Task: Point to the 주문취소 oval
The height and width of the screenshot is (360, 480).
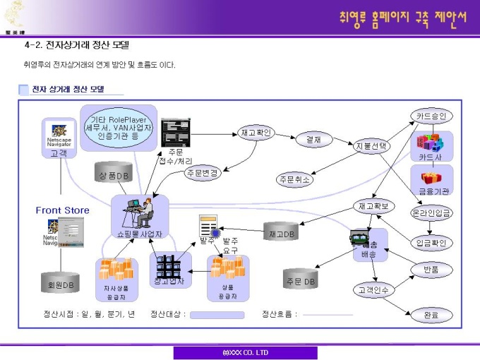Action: pyautogui.click(x=295, y=179)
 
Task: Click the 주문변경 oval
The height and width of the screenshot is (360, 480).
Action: pyautogui.click(x=202, y=172)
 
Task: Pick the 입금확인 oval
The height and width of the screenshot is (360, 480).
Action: pyautogui.click(x=431, y=243)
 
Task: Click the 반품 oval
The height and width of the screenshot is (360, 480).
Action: pyautogui.click(x=431, y=269)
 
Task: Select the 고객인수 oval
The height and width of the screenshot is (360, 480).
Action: pyautogui.click(x=374, y=289)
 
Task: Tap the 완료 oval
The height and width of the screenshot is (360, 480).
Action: pyautogui.click(x=431, y=315)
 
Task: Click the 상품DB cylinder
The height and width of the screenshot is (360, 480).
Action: pyautogui.click(x=113, y=174)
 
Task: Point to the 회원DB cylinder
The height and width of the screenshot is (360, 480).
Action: pyautogui.click(x=59, y=284)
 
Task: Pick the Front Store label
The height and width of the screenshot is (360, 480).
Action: pyautogui.click(x=63, y=210)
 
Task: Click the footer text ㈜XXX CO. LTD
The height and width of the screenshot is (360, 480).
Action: pyautogui.click(x=245, y=352)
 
